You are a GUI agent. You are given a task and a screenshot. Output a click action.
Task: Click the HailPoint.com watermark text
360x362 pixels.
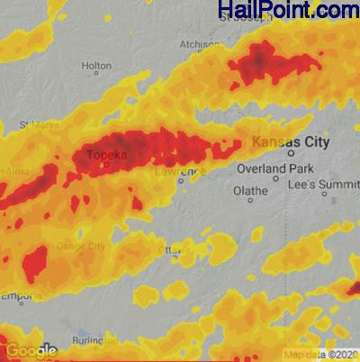287,10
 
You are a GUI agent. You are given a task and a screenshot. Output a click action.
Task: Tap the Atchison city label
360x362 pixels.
199,43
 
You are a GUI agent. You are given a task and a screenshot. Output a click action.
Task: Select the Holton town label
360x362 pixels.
96,66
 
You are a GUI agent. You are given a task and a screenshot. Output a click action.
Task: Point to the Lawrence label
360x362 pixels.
180,170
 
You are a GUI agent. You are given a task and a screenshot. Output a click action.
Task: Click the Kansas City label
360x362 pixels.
292,142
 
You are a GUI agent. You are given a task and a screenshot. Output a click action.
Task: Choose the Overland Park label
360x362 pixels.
272,168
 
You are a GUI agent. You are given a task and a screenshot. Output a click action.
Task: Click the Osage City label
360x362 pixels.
81,246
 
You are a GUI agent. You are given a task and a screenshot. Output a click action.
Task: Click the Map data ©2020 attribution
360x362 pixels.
321,354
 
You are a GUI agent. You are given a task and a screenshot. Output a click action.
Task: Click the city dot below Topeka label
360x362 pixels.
107,165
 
